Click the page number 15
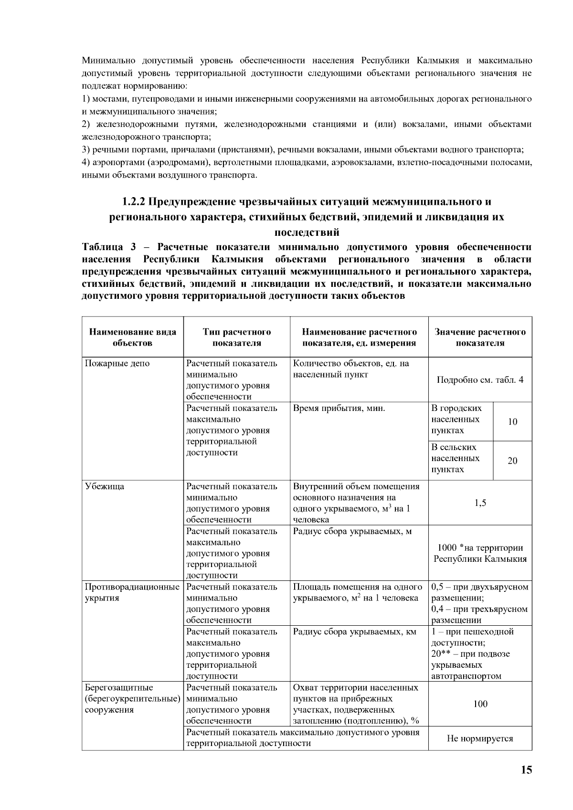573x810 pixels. click(x=526, y=769)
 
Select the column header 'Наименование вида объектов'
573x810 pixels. click(x=132, y=337)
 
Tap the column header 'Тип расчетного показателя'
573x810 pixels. click(x=236, y=337)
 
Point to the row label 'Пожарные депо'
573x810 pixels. click(x=117, y=363)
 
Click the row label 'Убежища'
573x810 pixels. click(x=104, y=486)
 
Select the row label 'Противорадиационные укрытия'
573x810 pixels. click(x=132, y=592)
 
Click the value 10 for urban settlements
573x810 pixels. click(x=512, y=421)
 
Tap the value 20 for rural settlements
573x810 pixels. click(x=512, y=461)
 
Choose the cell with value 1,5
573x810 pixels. click(x=480, y=503)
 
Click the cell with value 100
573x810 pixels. click(x=480, y=704)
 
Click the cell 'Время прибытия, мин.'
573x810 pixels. click(x=339, y=408)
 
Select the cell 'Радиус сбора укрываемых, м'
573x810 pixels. click(x=352, y=531)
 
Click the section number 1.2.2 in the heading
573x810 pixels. click(x=133, y=201)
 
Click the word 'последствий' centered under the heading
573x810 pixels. click(x=307, y=232)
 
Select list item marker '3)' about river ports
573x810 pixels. click(x=86, y=150)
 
